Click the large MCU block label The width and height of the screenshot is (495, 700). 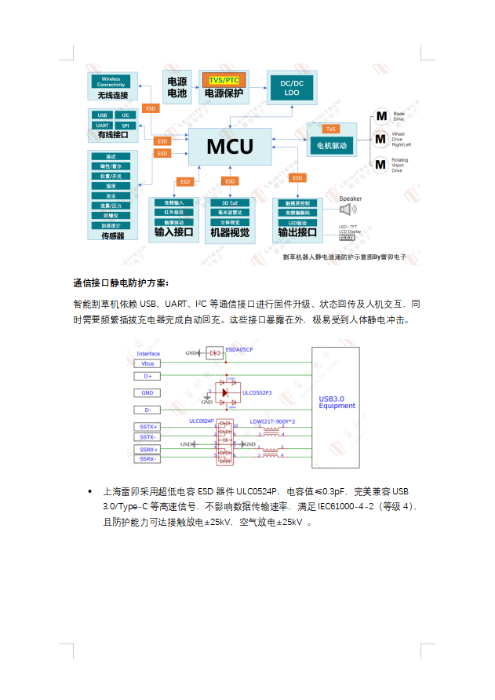[229, 147]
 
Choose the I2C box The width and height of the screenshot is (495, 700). [125, 115]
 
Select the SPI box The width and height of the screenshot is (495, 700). [125, 125]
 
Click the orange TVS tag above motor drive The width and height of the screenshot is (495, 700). [331, 129]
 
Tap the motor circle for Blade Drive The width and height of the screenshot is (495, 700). [380, 116]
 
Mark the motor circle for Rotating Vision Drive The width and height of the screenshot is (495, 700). [380, 164]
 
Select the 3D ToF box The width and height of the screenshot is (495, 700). [230, 203]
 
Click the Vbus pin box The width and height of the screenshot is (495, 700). [147, 363]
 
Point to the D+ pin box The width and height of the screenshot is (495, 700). [147, 376]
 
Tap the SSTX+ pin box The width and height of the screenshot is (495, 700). [147, 427]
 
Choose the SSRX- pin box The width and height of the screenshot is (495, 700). [147, 459]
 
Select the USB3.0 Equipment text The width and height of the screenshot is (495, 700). [337, 402]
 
